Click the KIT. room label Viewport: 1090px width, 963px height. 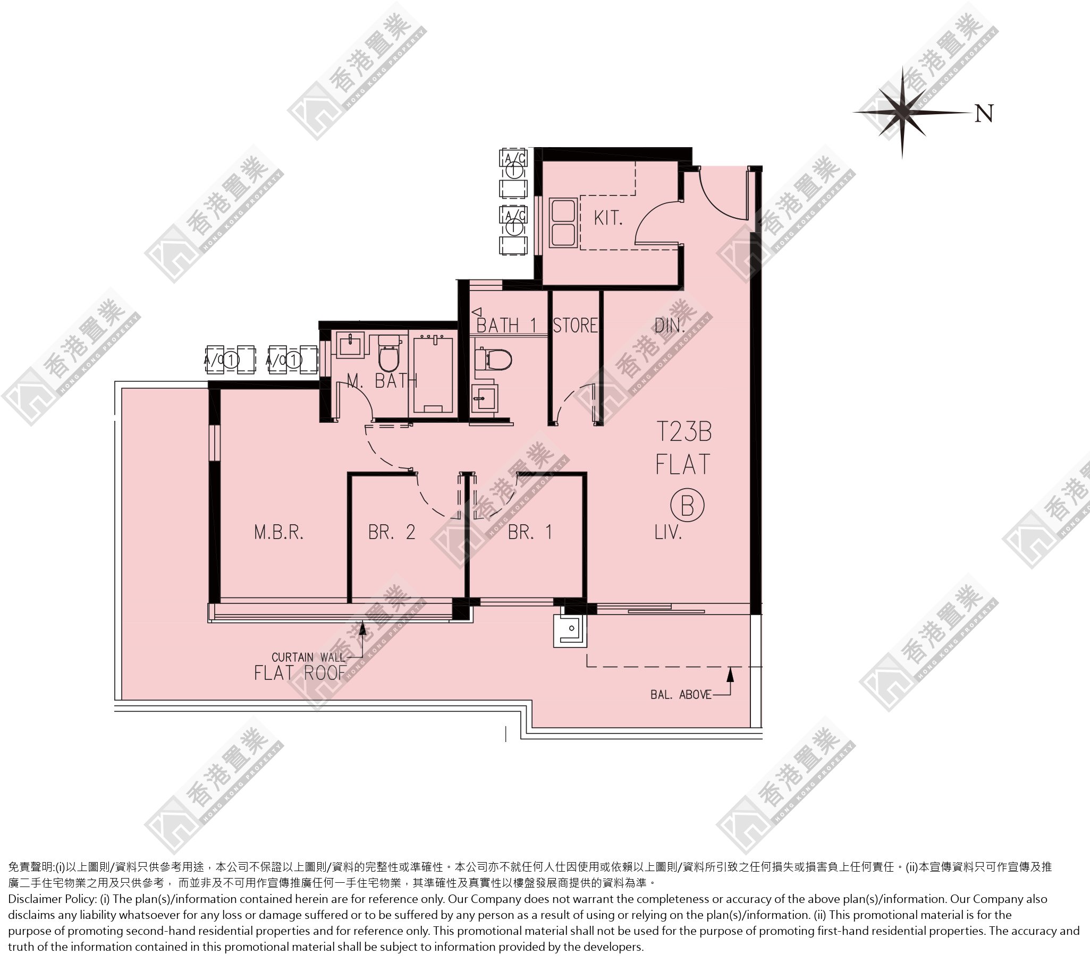(x=608, y=217)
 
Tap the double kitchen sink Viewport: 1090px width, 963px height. (x=563, y=222)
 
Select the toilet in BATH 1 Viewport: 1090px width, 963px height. (x=492, y=359)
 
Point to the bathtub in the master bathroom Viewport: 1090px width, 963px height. (x=433, y=373)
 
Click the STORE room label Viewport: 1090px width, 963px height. (x=575, y=325)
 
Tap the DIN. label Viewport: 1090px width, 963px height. (x=669, y=325)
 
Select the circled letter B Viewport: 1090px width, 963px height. (x=687, y=505)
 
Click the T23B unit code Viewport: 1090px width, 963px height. (x=683, y=432)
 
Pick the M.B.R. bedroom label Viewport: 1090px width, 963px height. (x=279, y=532)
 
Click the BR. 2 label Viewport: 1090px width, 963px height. (x=392, y=532)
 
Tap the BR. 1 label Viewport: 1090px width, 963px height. (x=530, y=532)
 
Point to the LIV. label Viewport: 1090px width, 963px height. (x=668, y=532)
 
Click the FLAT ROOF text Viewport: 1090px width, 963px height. (x=300, y=673)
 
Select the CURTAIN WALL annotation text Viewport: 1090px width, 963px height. (x=308, y=657)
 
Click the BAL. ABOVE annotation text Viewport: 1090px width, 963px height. (x=681, y=694)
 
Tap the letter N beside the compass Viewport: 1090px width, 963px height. (x=984, y=114)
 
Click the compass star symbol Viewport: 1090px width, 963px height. (x=902, y=113)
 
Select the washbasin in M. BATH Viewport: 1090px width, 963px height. (x=351, y=344)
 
